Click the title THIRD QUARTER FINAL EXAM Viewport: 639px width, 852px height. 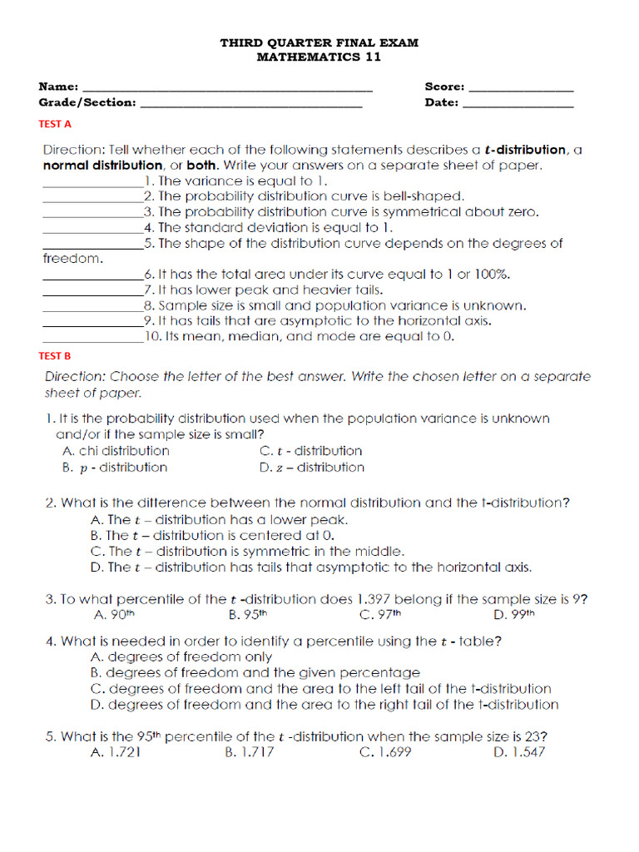tap(319, 42)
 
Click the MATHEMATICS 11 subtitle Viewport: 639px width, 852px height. tap(319, 57)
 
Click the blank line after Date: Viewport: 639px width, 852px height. tap(518, 104)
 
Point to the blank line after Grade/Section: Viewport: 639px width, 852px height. tap(251, 104)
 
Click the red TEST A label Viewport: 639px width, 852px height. tap(55, 124)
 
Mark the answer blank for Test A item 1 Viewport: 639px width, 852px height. tap(92, 181)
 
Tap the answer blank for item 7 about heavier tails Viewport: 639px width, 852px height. tap(92, 291)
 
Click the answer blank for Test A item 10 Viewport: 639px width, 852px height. tap(92, 339)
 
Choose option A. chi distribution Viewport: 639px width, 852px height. tap(116, 451)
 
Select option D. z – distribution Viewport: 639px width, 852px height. tap(311, 468)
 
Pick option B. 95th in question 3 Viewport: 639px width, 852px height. tap(246, 616)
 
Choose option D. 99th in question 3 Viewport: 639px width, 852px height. tap(513, 616)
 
